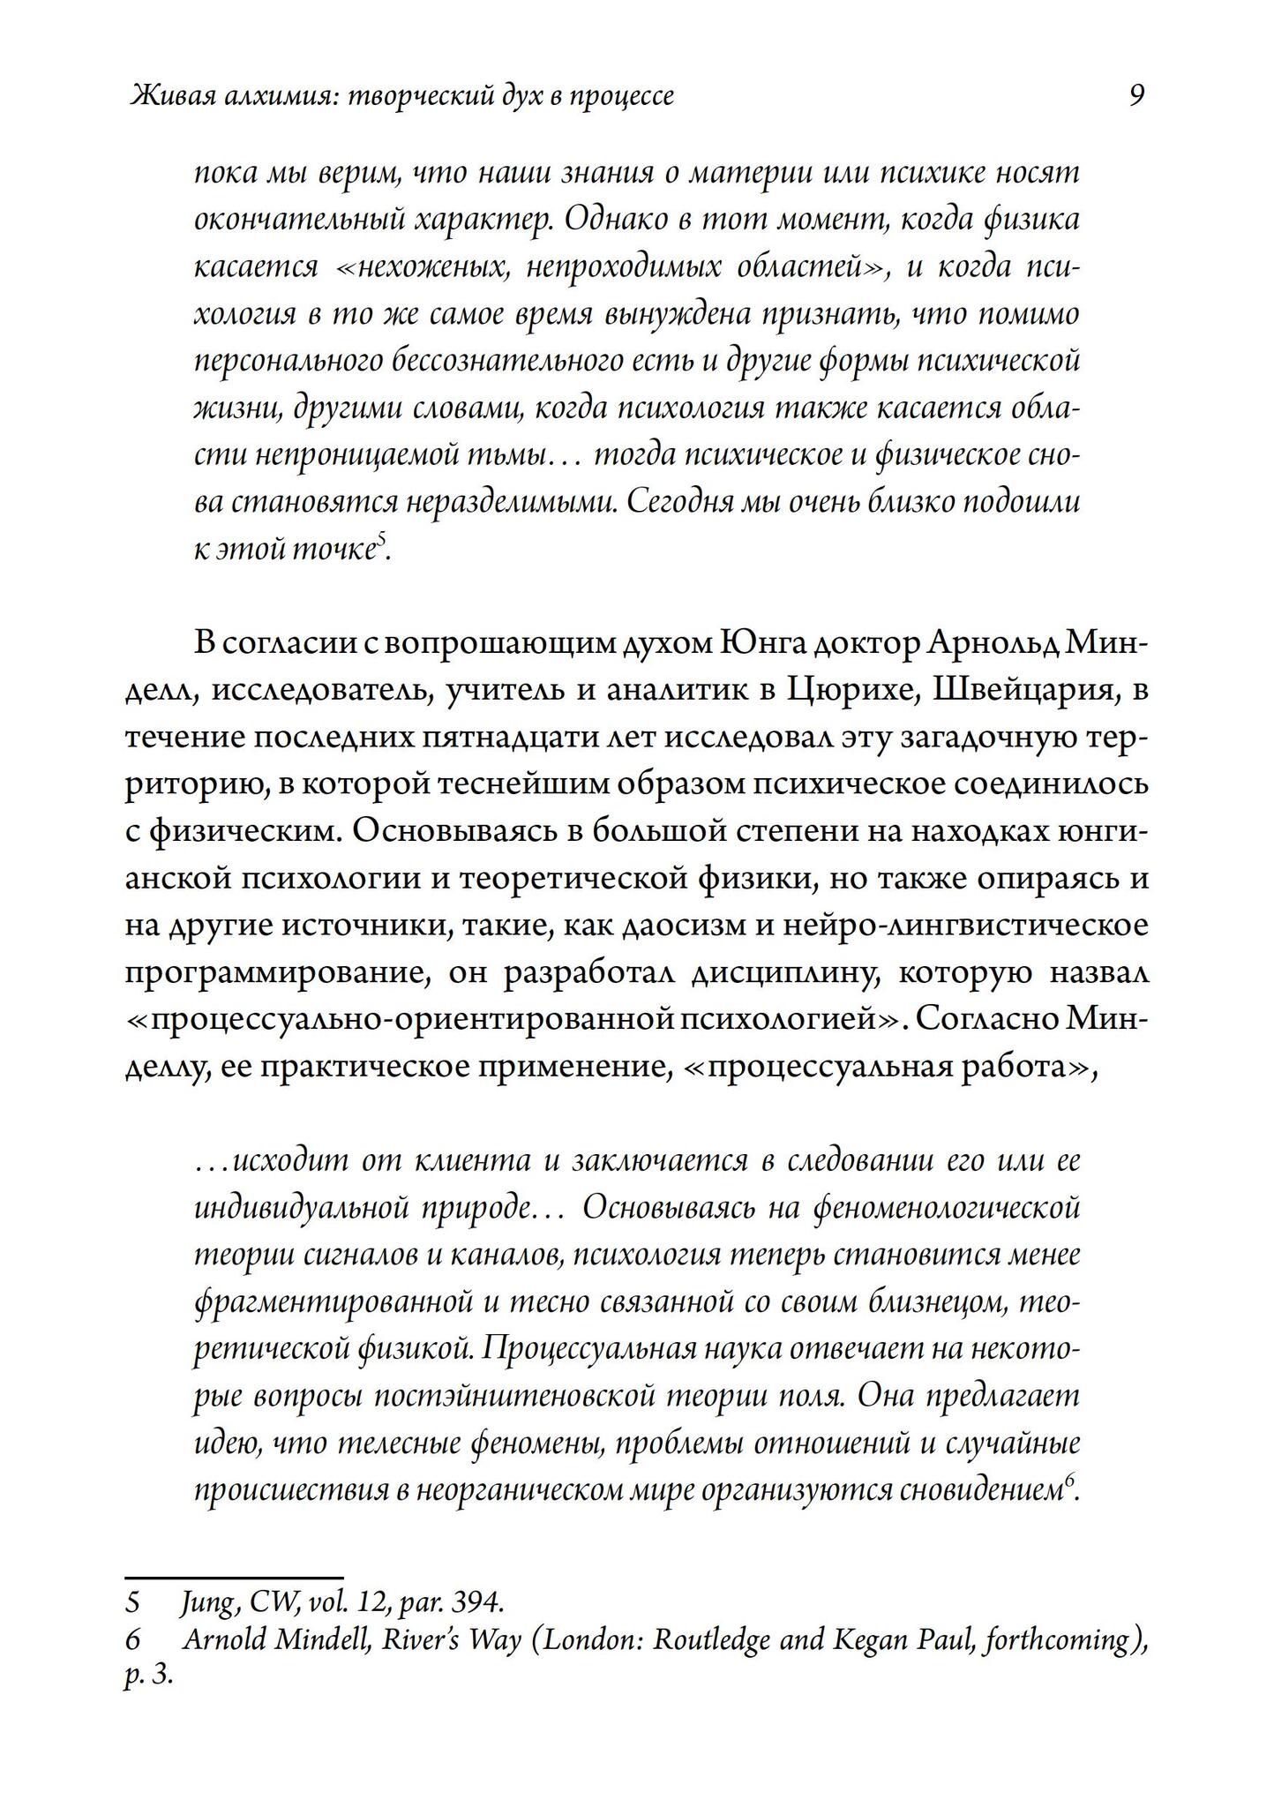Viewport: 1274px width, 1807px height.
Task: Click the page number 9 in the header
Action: (1136, 95)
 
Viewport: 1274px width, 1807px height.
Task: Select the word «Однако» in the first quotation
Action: (612, 219)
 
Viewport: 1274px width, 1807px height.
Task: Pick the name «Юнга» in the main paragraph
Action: (758, 644)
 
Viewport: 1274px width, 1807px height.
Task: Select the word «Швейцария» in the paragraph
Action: (1023, 692)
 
